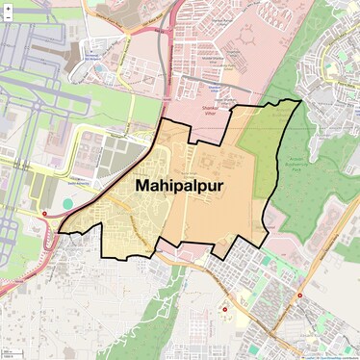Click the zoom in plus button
(8, 9)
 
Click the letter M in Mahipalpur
(144, 184)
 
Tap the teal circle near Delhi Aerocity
(67, 204)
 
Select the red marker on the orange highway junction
(300, 295)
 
